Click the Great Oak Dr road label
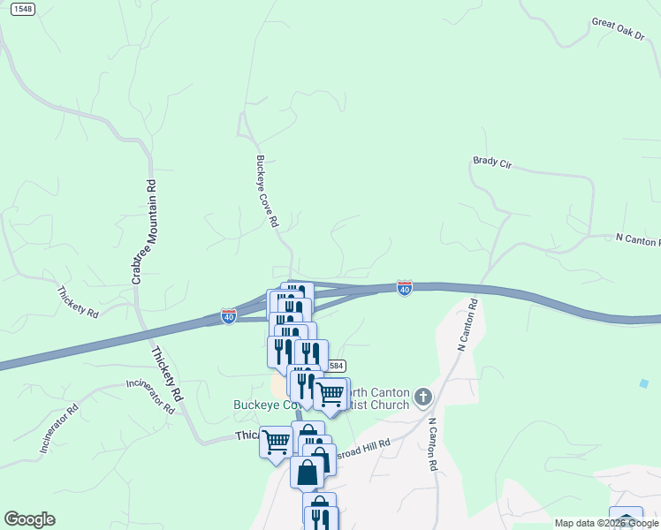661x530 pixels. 618,27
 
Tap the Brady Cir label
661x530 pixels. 493,162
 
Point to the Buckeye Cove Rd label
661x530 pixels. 268,192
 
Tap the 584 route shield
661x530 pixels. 335,365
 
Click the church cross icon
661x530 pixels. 423,396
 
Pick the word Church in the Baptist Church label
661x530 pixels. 390,405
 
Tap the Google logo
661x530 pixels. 29,519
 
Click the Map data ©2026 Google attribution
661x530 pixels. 606,523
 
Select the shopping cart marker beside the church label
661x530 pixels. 330,395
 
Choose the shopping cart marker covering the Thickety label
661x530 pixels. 277,441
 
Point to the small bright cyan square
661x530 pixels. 643,383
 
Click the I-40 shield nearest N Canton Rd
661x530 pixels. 404,289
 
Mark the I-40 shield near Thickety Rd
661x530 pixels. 228,315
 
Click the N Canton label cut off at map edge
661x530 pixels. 637,240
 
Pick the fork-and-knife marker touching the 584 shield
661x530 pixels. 310,355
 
